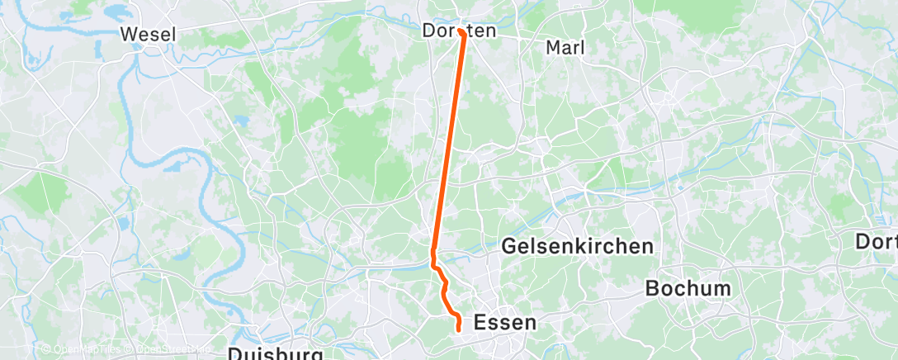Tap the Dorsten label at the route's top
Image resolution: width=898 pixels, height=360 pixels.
(x=459, y=31)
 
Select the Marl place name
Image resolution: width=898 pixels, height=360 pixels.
(x=565, y=48)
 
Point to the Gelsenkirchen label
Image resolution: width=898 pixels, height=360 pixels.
(x=578, y=246)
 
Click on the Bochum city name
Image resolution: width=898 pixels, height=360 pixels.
(x=688, y=289)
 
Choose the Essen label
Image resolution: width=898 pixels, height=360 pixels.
(x=505, y=323)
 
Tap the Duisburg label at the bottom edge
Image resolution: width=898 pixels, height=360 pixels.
(x=275, y=353)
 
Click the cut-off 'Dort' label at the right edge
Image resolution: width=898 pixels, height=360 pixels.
(x=877, y=243)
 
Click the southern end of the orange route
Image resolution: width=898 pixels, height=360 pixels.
(x=458, y=330)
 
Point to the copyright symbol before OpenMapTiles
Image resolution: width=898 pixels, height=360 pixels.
(x=45, y=350)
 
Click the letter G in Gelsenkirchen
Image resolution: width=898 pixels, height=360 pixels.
(x=510, y=246)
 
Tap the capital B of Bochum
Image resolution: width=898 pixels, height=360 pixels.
(x=653, y=289)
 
